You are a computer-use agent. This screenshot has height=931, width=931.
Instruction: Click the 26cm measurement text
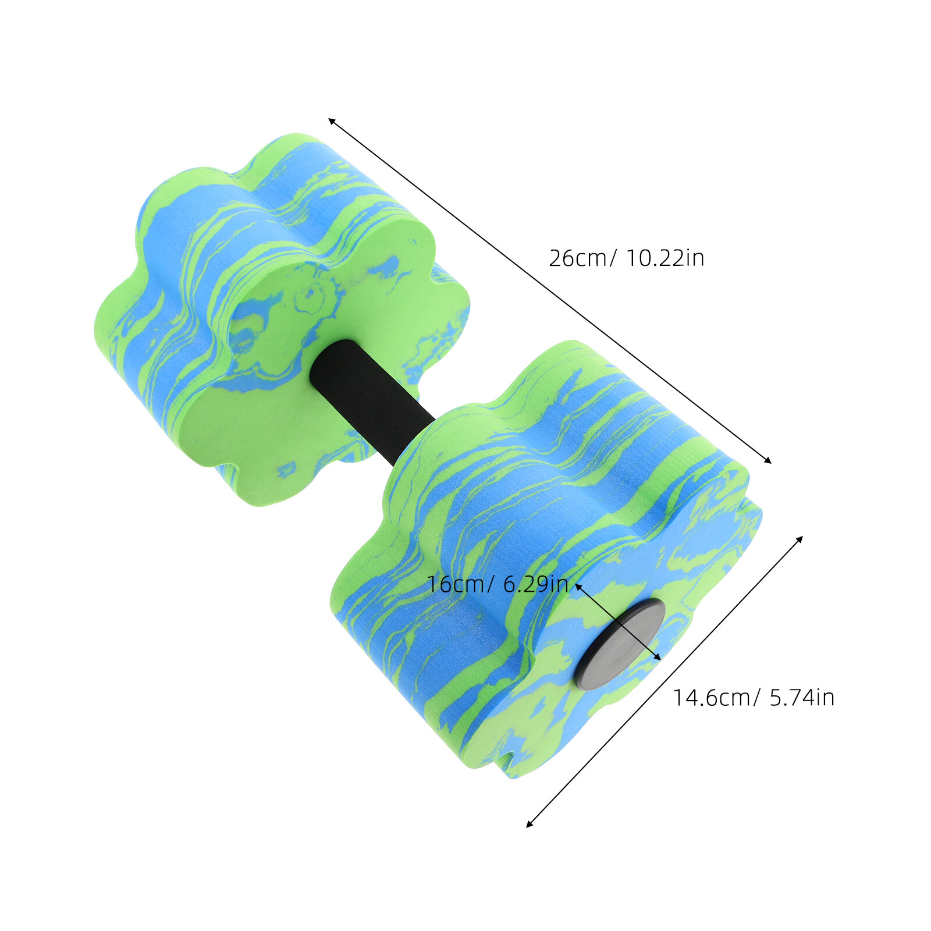[x=578, y=258]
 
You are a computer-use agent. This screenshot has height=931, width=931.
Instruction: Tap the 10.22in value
[x=665, y=258]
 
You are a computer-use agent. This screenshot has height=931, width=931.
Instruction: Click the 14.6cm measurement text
[x=711, y=697]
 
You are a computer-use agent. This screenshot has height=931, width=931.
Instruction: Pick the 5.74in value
[x=802, y=697]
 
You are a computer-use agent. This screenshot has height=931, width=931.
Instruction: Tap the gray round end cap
[x=619, y=644]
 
